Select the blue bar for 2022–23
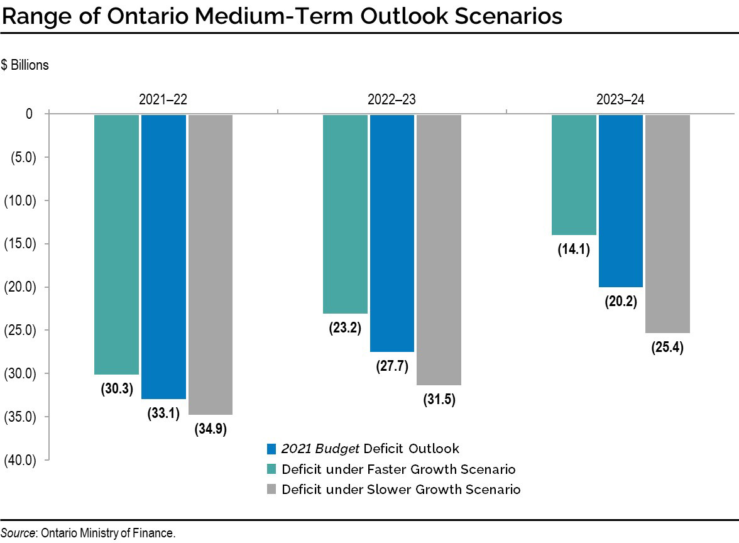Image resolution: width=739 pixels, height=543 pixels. coord(392,233)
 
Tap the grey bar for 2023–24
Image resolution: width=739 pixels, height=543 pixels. coord(667,223)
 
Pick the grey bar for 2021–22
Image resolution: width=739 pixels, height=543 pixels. coord(211,264)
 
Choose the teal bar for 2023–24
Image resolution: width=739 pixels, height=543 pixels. coord(574,174)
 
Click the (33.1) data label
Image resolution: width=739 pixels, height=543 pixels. coord(163,413)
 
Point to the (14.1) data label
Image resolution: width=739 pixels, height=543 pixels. coord(574,250)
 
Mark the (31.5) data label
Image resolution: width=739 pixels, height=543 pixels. coord(439,399)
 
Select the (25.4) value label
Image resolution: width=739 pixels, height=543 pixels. coord(667,347)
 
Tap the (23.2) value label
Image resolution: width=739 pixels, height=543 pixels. coord(345,327)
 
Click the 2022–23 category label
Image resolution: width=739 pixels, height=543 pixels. coord(392,99)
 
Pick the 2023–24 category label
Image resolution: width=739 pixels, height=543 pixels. coord(621,99)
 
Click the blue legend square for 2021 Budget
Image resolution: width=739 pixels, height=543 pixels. coord(271,449)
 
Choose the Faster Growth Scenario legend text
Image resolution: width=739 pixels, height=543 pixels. coord(398,469)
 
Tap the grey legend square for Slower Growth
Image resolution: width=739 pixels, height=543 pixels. coord(271,490)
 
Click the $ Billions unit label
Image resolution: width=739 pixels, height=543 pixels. coord(25,65)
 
